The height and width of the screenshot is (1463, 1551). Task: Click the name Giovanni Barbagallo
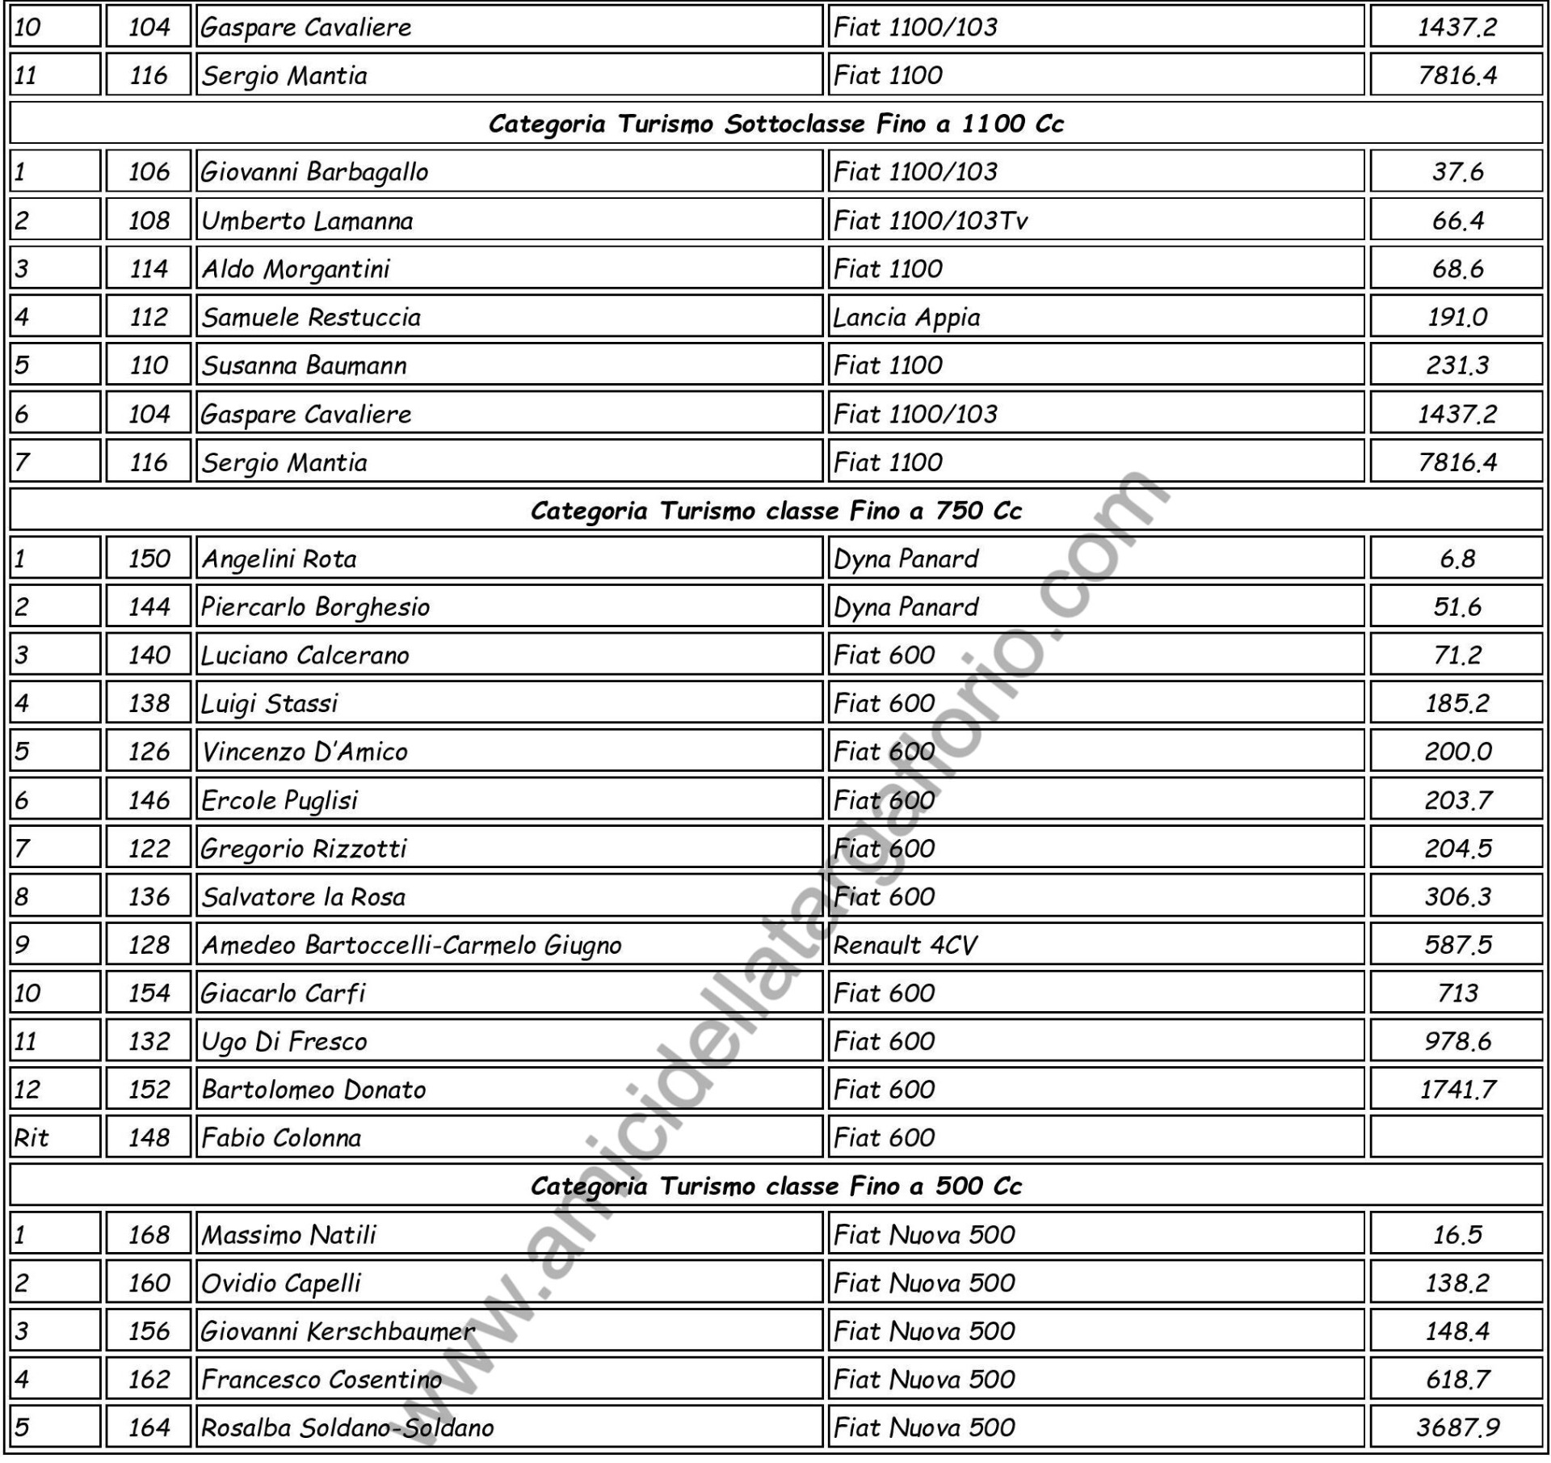[x=314, y=171]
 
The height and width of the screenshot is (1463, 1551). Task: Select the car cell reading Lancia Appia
[x=906, y=317]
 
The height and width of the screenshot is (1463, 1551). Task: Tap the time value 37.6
[x=1456, y=171]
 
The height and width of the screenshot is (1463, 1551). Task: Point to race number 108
[x=149, y=220]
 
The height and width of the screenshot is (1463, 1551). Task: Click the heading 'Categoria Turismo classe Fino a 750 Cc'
[x=775, y=511]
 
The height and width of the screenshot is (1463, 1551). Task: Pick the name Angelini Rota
[x=279, y=559]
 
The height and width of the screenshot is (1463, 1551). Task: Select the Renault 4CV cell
[x=905, y=945]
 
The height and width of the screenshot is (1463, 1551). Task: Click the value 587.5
[x=1456, y=945]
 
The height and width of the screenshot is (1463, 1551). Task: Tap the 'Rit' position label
[x=32, y=1138]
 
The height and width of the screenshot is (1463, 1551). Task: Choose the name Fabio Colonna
[x=281, y=1138]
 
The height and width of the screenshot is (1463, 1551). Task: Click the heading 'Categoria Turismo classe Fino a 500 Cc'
[x=775, y=1187]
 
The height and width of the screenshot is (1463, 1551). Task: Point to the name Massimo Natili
[x=288, y=1235]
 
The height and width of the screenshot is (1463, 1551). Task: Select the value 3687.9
[x=1456, y=1427]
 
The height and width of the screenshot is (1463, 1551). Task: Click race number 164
[x=149, y=1427]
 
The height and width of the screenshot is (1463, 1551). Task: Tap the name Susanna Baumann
[x=304, y=365]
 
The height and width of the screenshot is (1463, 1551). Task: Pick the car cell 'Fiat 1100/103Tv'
[x=930, y=220]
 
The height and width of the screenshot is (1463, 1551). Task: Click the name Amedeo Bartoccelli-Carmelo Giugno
[x=411, y=945]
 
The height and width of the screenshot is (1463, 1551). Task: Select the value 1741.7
[x=1456, y=1090]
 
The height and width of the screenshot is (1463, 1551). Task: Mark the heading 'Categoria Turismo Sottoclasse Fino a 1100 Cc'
[x=775, y=124]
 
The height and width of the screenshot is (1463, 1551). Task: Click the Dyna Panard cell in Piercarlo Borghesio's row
[x=906, y=607]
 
